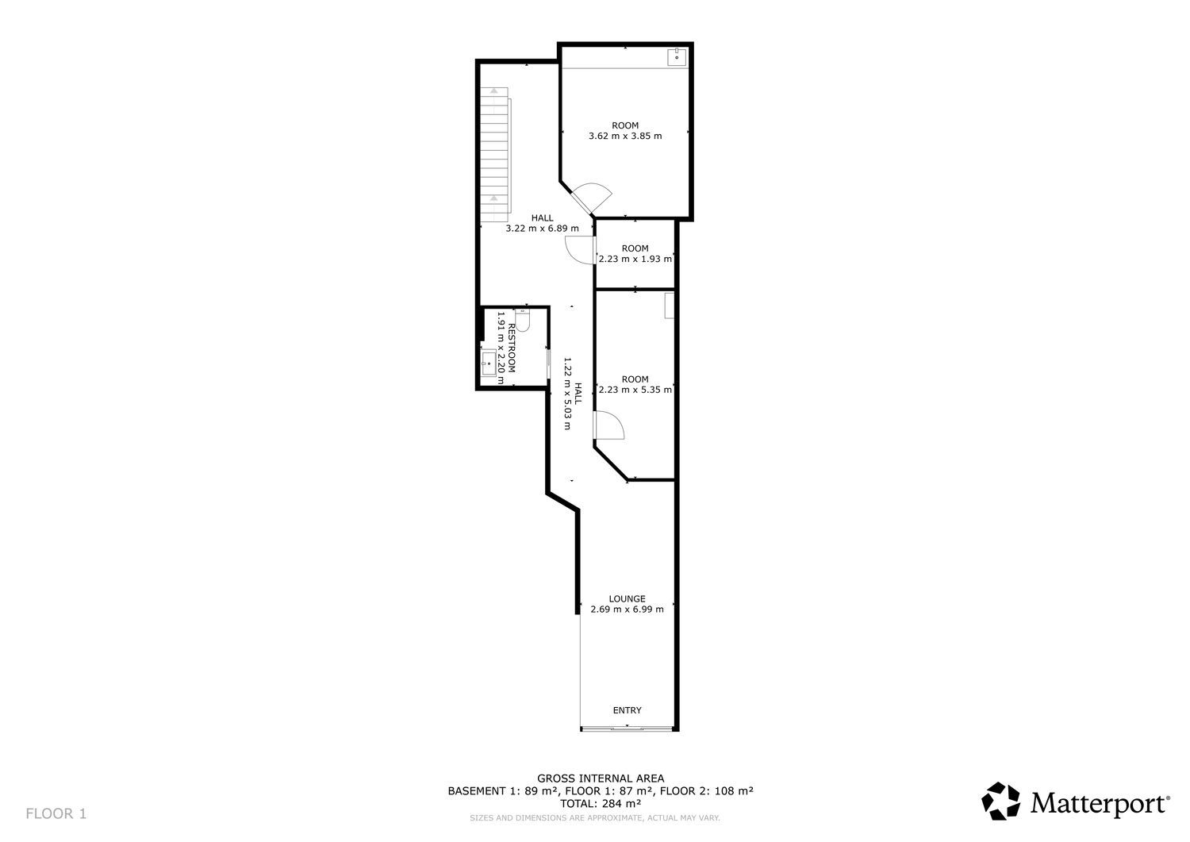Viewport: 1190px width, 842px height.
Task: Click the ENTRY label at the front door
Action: pyautogui.click(x=627, y=710)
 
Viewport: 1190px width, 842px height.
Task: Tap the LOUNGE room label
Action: pyautogui.click(x=627, y=598)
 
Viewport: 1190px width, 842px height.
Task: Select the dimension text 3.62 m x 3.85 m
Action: pyautogui.click(x=625, y=136)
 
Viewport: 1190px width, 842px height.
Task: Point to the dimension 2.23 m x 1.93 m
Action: pyautogui.click(x=635, y=260)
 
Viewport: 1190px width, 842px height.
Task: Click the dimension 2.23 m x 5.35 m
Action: pyautogui.click(x=635, y=390)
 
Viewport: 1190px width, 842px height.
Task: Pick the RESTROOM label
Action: pyautogui.click(x=512, y=348)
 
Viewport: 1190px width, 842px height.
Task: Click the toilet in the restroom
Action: pyautogui.click(x=522, y=320)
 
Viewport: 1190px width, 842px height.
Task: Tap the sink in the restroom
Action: pyautogui.click(x=489, y=363)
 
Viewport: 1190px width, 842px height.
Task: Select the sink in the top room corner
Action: pyautogui.click(x=677, y=56)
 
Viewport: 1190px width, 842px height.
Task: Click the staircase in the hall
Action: pyautogui.click(x=495, y=154)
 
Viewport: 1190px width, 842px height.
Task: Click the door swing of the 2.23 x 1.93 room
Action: pyautogui.click(x=580, y=250)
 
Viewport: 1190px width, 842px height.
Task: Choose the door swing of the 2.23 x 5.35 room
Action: pyautogui.click(x=608, y=425)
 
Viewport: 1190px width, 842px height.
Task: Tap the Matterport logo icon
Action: pyautogui.click(x=1001, y=801)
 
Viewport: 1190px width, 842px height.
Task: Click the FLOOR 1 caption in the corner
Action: pyautogui.click(x=56, y=813)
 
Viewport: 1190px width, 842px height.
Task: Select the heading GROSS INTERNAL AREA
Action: pyautogui.click(x=601, y=779)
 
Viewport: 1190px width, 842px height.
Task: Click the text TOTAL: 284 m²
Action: pyautogui.click(x=601, y=803)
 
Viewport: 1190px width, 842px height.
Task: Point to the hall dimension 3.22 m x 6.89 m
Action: pyautogui.click(x=543, y=229)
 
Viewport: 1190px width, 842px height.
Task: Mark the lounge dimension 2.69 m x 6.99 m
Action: pyautogui.click(x=627, y=609)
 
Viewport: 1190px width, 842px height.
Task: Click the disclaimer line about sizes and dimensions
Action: pyautogui.click(x=595, y=818)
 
